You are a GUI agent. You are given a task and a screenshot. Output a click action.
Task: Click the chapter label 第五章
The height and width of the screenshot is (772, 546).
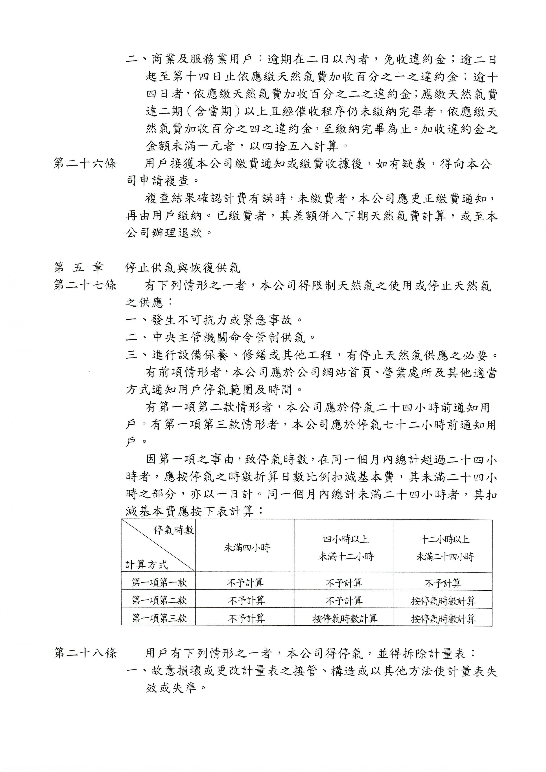(79, 268)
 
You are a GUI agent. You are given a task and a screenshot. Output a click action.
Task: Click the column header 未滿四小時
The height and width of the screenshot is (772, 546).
(247, 548)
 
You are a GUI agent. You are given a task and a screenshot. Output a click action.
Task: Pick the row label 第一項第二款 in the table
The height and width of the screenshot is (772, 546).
(159, 600)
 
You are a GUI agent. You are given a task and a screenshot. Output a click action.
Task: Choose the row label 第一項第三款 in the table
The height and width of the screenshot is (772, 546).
(159, 618)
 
